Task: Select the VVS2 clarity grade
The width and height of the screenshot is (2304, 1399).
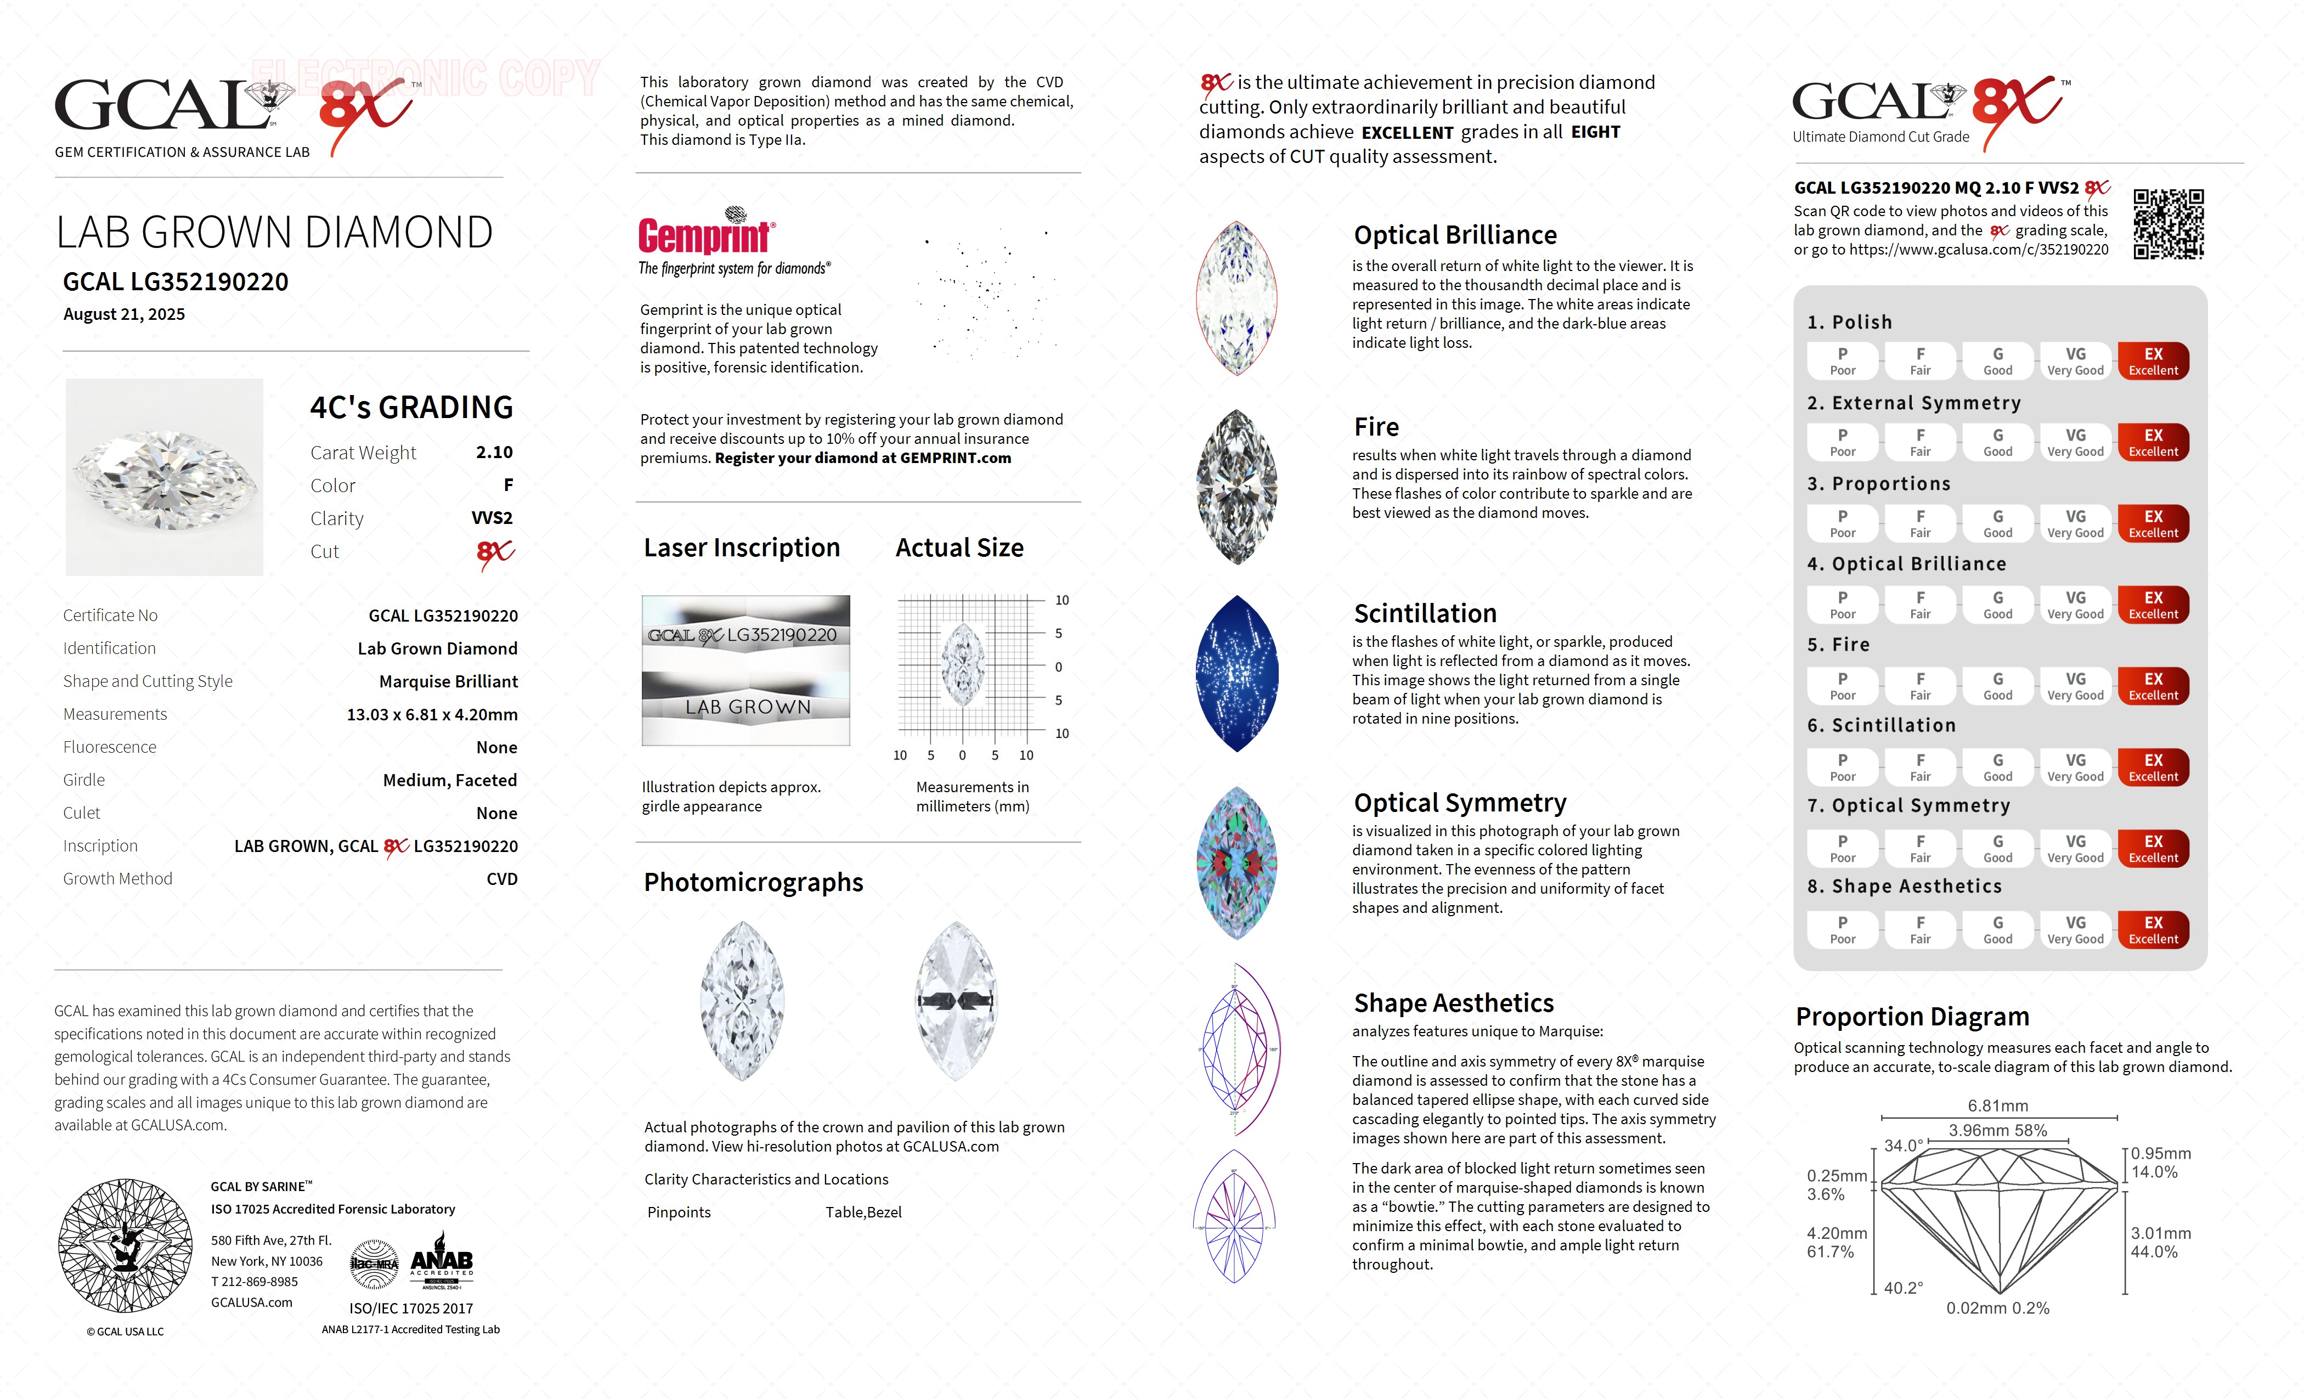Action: [492, 518]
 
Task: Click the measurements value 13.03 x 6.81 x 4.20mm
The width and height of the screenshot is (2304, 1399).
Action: [432, 714]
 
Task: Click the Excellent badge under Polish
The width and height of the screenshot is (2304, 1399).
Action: [2153, 361]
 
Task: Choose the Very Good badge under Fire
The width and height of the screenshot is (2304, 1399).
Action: [2075, 685]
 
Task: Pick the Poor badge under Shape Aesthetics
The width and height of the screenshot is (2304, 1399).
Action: [1842, 929]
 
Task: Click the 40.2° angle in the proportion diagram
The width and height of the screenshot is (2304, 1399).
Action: [1903, 1288]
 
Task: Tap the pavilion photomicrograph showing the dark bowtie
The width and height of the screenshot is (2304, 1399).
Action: [956, 1001]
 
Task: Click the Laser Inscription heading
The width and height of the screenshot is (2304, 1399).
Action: [742, 548]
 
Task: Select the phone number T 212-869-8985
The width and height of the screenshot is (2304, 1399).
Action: [255, 1281]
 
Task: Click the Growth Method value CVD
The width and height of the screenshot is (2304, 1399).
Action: [501, 879]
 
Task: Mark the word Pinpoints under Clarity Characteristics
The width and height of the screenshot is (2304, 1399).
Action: [679, 1212]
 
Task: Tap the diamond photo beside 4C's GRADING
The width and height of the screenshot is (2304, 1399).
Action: [165, 477]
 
